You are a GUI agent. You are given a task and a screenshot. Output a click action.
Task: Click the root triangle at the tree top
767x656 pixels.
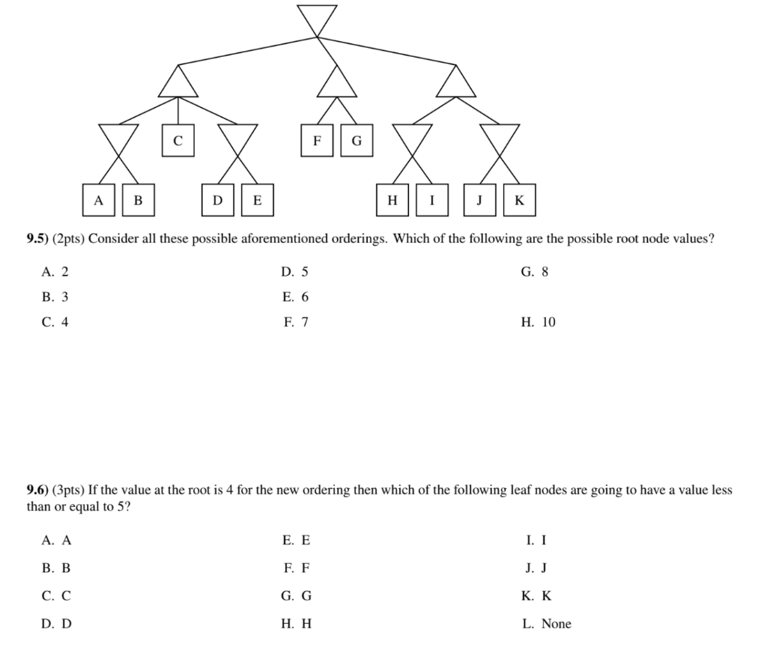[x=317, y=17]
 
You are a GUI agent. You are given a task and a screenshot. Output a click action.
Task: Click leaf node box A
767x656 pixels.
[x=98, y=200]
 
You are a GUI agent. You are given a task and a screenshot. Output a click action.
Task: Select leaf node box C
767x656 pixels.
[x=178, y=140]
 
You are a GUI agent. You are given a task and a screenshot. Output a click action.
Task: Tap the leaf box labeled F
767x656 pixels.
[x=317, y=140]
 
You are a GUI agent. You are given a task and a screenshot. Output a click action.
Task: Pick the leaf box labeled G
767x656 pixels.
[x=357, y=140]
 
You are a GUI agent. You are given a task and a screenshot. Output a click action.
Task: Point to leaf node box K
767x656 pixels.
[x=520, y=200]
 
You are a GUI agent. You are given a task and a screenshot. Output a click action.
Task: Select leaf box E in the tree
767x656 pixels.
[x=258, y=200]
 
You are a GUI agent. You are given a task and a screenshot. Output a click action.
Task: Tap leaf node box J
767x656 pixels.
[x=480, y=200]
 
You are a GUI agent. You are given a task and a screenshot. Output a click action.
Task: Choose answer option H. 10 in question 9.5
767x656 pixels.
[x=539, y=322]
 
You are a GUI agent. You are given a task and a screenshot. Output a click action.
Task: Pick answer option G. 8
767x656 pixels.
[x=535, y=272]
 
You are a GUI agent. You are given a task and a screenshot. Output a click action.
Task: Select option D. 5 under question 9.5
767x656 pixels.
[x=295, y=272]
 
